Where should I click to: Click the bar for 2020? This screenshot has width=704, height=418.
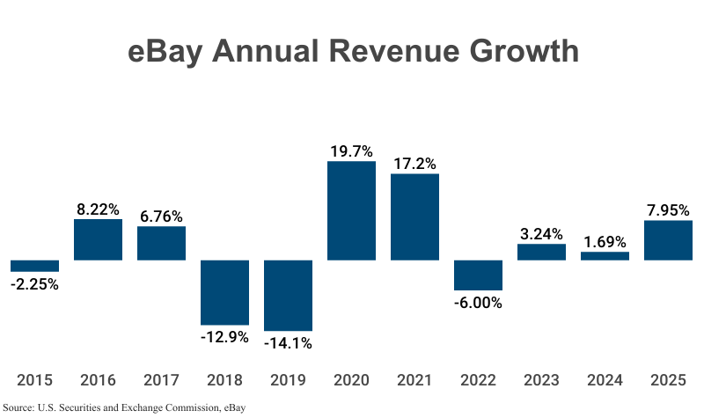[x=351, y=210]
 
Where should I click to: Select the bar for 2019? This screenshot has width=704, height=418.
[x=288, y=295]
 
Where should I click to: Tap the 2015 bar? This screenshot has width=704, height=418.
[x=34, y=266]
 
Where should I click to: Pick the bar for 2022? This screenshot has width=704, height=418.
[x=478, y=275]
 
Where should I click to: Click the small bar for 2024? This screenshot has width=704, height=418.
[x=605, y=256]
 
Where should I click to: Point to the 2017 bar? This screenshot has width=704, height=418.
[x=161, y=243]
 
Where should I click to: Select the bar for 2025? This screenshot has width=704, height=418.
[x=668, y=240]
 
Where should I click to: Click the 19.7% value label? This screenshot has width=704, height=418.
[x=351, y=151]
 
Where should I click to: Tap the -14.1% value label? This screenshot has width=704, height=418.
[x=288, y=342]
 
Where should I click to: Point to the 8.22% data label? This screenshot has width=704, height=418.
[x=98, y=209]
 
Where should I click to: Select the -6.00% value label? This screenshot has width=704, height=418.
[x=478, y=303]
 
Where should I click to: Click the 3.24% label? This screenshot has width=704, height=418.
[x=541, y=233]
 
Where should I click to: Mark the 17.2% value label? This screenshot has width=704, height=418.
[x=414, y=163]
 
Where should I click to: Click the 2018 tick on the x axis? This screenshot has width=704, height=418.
[x=224, y=380]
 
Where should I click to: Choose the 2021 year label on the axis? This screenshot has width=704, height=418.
[x=414, y=380]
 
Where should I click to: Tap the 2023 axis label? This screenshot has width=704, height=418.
[x=541, y=380]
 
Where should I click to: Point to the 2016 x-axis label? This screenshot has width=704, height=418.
[x=98, y=380]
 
